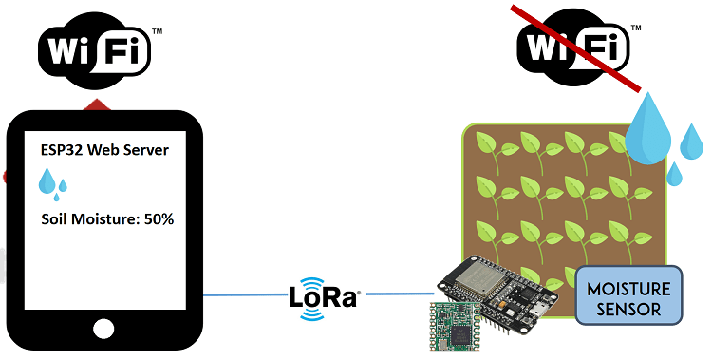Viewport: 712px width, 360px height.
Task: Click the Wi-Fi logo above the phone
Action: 95,50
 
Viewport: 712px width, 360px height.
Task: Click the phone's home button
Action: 104,329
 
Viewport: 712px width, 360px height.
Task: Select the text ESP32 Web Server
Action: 105,149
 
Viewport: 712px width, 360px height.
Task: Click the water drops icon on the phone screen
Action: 51,181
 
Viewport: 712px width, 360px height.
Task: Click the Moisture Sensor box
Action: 628,295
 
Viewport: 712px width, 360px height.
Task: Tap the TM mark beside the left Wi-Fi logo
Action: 157,31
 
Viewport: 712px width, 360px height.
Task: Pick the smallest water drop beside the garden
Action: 674,174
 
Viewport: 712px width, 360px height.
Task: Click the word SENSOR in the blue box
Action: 628,307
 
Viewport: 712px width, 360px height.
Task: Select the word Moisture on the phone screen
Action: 105,219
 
